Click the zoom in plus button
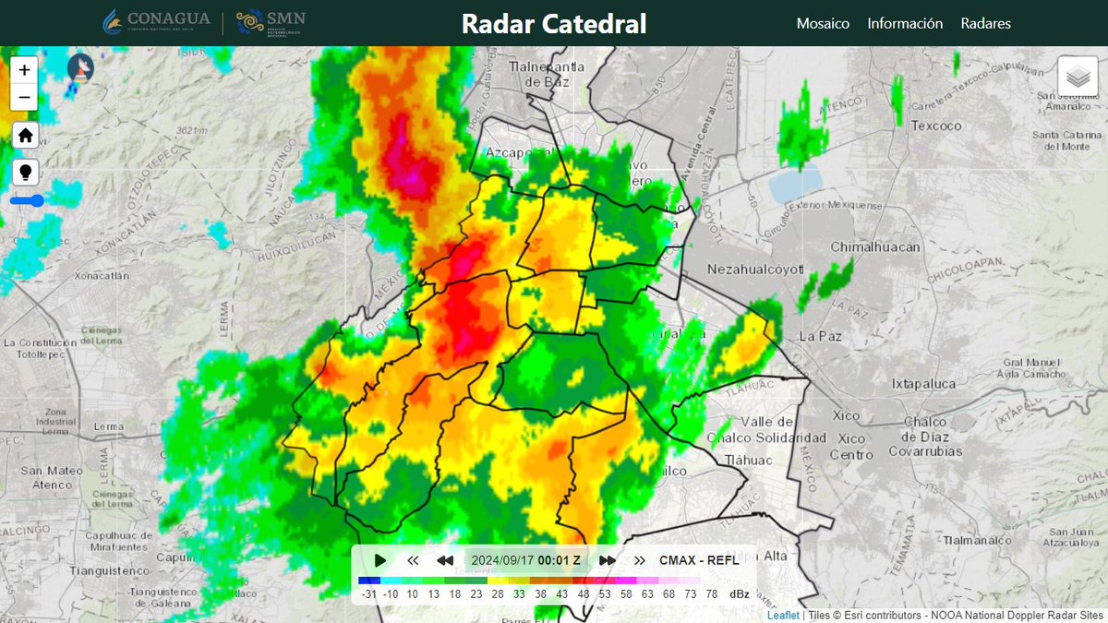pyautogui.click(x=24, y=69)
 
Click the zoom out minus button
pyautogui.click(x=24, y=97)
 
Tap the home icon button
pyautogui.click(x=25, y=136)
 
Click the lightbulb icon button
pyautogui.click(x=25, y=172)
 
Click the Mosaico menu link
pyautogui.click(x=823, y=23)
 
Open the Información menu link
pyautogui.click(x=905, y=23)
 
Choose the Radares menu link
pyautogui.click(x=985, y=23)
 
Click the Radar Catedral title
pyautogui.click(x=554, y=23)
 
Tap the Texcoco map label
pyautogui.click(x=936, y=126)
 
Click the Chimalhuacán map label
pyautogui.click(x=875, y=247)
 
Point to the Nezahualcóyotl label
pyautogui.click(x=755, y=270)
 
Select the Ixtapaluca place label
pyautogui.click(x=926, y=383)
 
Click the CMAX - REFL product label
pyautogui.click(x=699, y=560)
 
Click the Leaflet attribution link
pyautogui.click(x=782, y=615)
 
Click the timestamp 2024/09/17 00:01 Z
pyautogui.click(x=525, y=560)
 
